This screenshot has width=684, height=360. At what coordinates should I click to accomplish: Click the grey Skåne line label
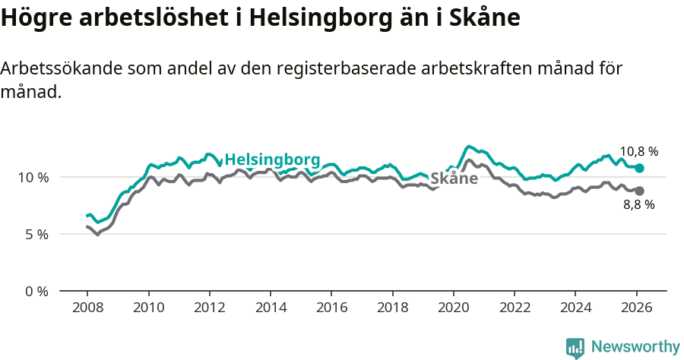(x=454, y=179)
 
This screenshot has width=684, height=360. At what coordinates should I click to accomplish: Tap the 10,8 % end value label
(x=638, y=151)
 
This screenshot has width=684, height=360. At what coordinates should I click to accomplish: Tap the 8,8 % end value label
(x=638, y=204)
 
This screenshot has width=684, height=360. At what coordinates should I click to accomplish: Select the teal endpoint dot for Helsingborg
(x=639, y=168)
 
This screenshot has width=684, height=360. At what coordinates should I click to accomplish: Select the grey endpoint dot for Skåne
(x=639, y=191)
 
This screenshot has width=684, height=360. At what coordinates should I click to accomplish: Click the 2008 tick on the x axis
(x=87, y=308)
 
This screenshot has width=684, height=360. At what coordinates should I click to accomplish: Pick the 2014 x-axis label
(x=270, y=308)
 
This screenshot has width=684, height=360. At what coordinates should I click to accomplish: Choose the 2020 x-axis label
(x=453, y=308)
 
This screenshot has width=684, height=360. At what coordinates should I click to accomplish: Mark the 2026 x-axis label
(x=636, y=308)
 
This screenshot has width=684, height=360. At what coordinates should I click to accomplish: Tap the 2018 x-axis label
(x=392, y=308)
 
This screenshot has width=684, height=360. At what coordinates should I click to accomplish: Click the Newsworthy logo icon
(x=575, y=348)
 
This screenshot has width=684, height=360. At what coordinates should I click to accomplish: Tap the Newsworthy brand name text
(x=635, y=347)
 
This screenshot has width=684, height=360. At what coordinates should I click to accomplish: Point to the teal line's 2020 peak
(x=469, y=146)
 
